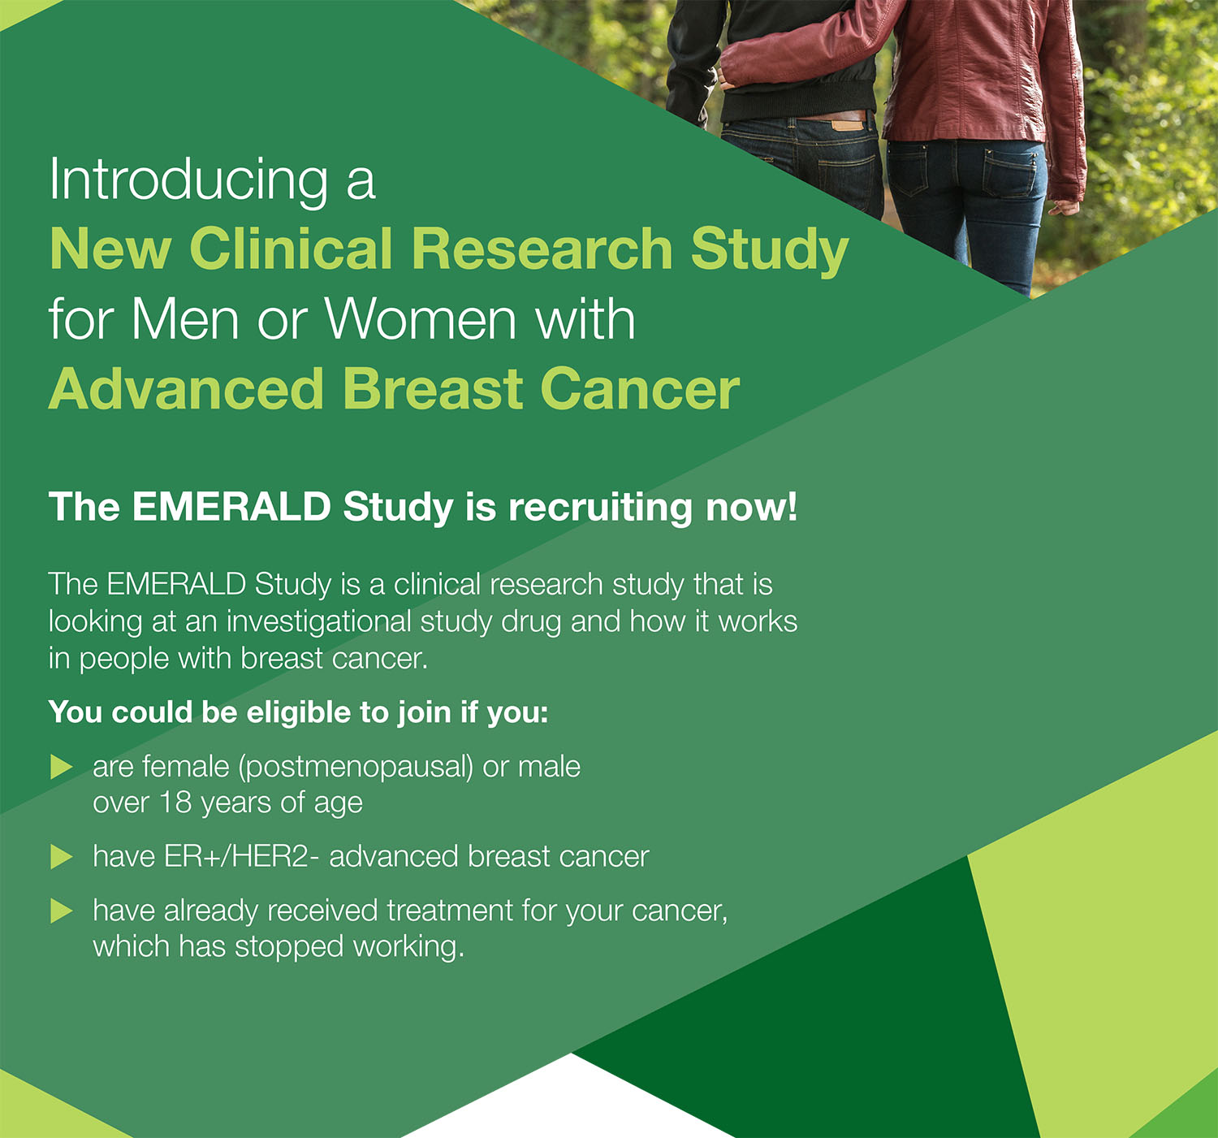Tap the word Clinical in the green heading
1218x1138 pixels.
click(x=291, y=249)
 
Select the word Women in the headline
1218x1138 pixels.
click(x=420, y=320)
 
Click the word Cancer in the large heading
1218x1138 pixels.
click(x=640, y=389)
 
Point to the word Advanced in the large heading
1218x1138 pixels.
click(x=186, y=389)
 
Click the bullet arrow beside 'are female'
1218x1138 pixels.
click(x=62, y=767)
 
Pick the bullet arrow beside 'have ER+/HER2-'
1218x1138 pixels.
click(x=62, y=857)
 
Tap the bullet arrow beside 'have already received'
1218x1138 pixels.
click(x=62, y=911)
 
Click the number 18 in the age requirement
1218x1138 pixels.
click(x=175, y=803)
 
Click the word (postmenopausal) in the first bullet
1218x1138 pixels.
click(x=356, y=768)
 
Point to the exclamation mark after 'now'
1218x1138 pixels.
click(x=791, y=507)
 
